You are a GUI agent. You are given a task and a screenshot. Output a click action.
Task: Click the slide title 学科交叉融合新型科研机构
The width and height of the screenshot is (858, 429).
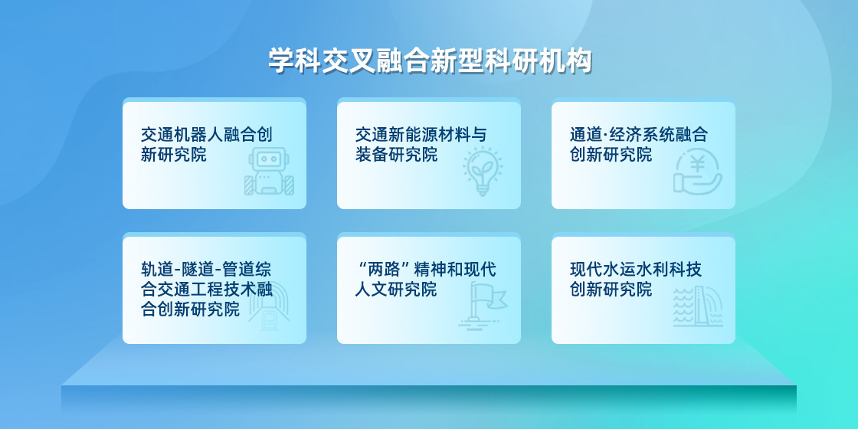tap(430, 61)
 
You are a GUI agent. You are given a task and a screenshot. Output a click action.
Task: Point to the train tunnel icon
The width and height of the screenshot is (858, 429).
tap(269, 306)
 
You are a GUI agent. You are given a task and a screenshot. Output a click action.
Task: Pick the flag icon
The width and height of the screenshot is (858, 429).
tap(483, 306)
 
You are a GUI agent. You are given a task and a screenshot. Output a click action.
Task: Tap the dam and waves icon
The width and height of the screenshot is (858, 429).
tap(698, 306)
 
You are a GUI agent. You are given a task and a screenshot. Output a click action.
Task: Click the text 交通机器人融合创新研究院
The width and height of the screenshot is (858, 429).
tap(207, 145)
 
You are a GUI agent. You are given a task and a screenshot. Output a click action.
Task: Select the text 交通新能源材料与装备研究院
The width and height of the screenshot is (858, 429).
tap(421, 145)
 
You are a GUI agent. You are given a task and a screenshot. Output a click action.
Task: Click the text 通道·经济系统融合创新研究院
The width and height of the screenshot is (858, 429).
tap(639, 145)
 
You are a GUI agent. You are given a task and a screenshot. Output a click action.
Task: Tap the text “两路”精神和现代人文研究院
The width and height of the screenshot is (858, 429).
tap(426, 280)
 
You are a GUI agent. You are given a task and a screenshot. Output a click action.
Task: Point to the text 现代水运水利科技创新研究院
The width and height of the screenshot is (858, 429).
tap(636, 280)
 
